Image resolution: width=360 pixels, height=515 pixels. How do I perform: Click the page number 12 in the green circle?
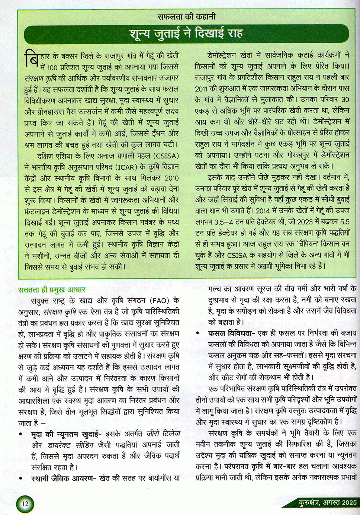coord(25,504)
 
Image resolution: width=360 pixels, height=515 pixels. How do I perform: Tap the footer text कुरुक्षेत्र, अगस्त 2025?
coord(328,502)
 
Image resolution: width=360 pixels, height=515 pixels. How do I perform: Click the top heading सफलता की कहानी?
coord(186,17)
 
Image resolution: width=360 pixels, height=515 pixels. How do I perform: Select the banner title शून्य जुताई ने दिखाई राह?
coord(186,34)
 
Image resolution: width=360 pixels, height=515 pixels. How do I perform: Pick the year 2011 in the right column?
coord(203,89)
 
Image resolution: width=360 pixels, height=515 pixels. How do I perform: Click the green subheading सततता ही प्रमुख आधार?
coord(52,290)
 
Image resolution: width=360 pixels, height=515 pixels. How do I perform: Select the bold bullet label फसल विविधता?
coord(229,333)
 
